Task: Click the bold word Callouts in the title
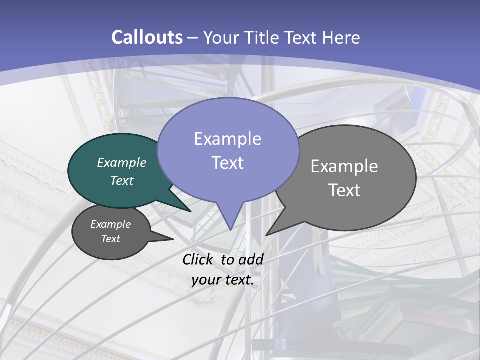(147, 37)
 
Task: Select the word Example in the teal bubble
(122, 162)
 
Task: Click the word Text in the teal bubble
(122, 180)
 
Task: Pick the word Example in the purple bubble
(227, 139)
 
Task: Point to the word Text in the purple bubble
(227, 163)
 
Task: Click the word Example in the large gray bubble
(344, 166)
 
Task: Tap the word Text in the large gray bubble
(344, 190)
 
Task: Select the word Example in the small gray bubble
(110, 224)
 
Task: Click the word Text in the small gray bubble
(110, 239)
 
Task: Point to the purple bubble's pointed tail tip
(230, 230)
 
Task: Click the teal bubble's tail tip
(190, 211)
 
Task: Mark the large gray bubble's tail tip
(266, 235)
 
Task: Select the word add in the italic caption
(251, 259)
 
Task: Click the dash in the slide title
(193, 38)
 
